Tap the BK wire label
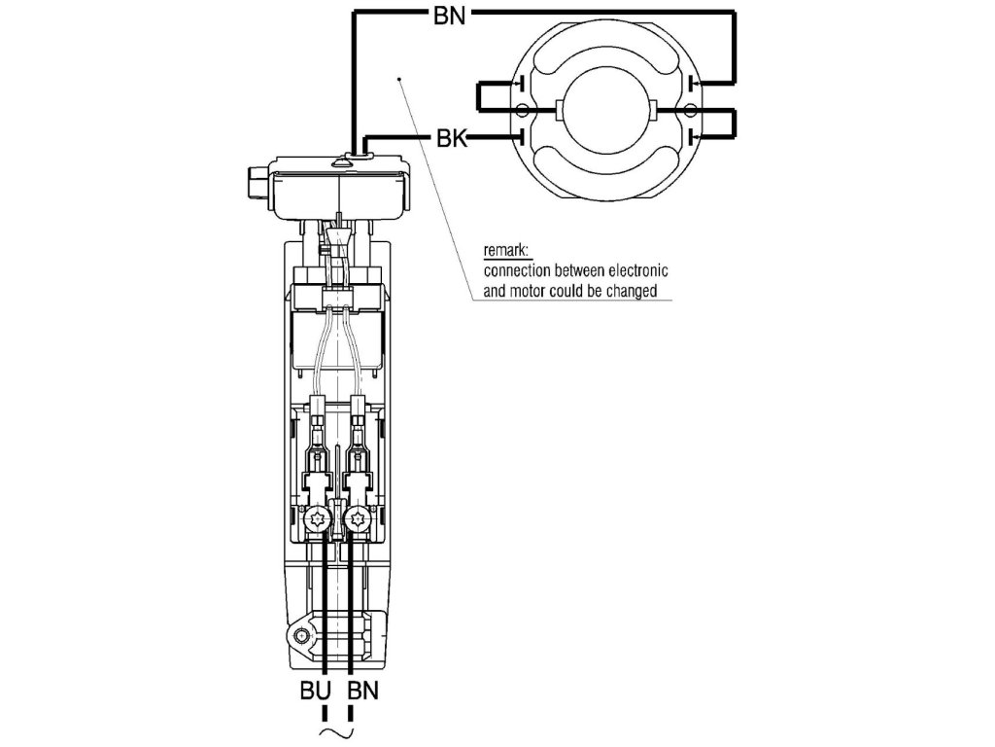(451, 140)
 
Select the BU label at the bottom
(315, 692)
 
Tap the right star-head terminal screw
(359, 521)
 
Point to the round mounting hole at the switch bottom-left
(301, 637)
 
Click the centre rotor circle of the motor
(606, 109)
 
